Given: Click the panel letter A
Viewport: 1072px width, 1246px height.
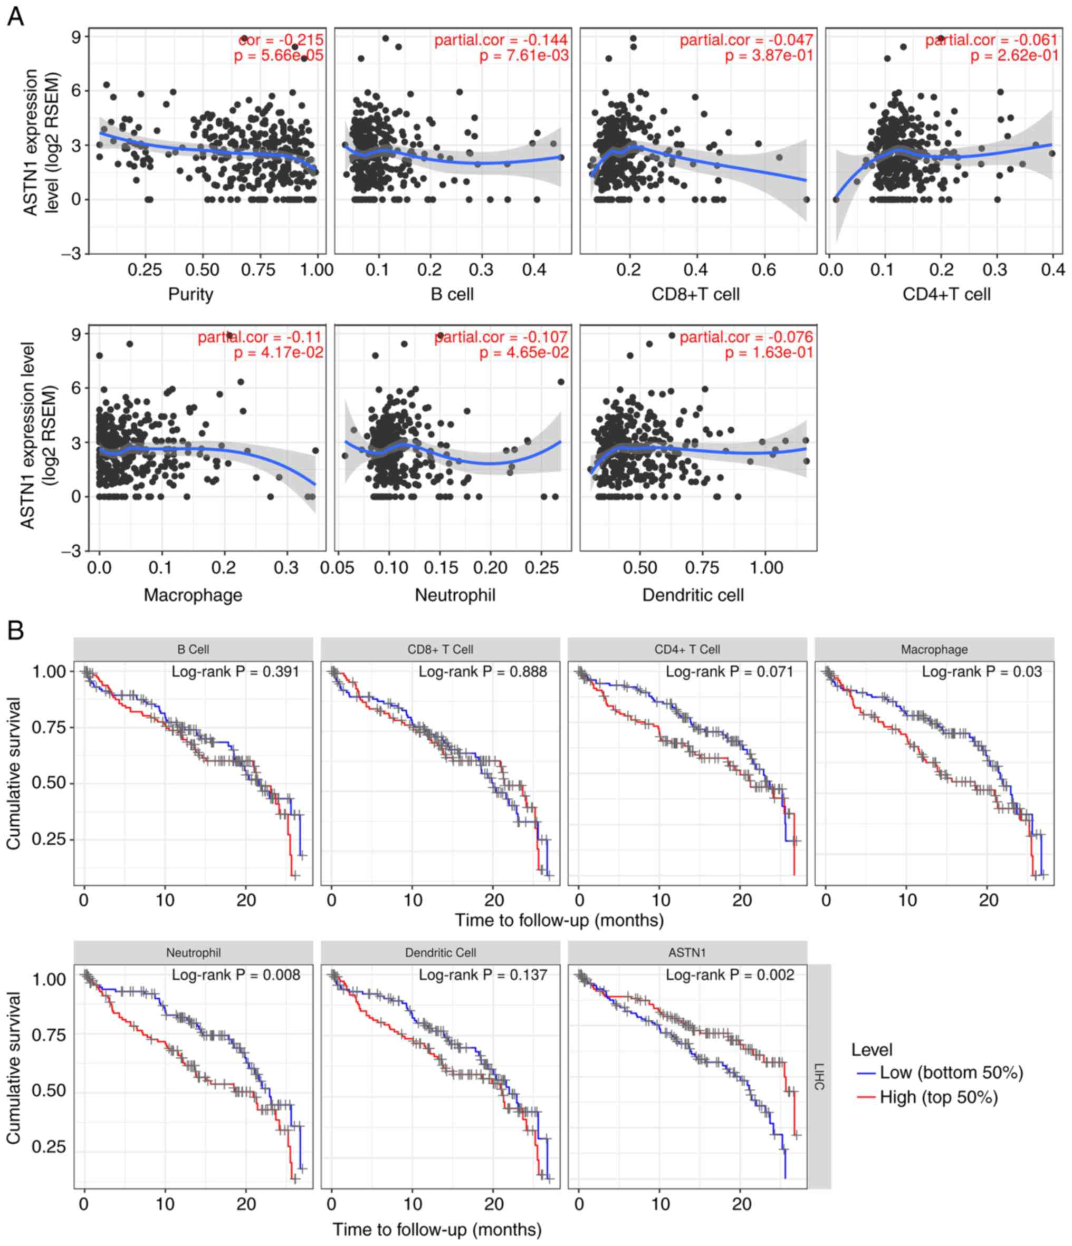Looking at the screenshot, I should click(15, 16).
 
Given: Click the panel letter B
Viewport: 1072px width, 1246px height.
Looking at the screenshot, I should click(15, 630).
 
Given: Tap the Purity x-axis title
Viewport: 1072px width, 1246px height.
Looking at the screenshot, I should click(190, 294).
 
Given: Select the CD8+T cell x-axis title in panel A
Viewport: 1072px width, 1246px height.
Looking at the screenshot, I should click(695, 294).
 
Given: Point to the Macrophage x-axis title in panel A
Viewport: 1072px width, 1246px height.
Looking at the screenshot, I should click(193, 595).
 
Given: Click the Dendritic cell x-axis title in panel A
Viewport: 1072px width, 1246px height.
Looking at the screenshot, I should click(693, 595).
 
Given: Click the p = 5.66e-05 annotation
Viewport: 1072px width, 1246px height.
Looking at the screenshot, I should click(279, 56).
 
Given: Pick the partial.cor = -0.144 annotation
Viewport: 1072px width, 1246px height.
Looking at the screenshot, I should click(501, 40).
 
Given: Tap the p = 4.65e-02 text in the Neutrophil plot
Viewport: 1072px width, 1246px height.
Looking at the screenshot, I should click(524, 352).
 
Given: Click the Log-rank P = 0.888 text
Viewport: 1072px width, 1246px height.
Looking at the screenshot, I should click(483, 672).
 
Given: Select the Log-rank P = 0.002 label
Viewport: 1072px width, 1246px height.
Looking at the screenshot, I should click(730, 975).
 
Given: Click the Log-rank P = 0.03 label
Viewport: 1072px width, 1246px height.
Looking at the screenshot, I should click(982, 672).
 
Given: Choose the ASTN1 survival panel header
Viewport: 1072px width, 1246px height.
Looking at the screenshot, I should click(687, 952).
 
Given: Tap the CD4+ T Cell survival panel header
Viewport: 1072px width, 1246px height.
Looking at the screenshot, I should click(687, 650).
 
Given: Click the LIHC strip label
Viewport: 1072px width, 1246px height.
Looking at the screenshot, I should click(819, 1076).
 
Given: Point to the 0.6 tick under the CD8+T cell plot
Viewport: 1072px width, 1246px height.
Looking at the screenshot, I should click(763, 269).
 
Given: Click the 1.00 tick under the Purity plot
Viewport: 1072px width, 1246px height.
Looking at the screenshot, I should click(316, 269).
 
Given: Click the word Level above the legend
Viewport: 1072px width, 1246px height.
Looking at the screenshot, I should click(872, 1050).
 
